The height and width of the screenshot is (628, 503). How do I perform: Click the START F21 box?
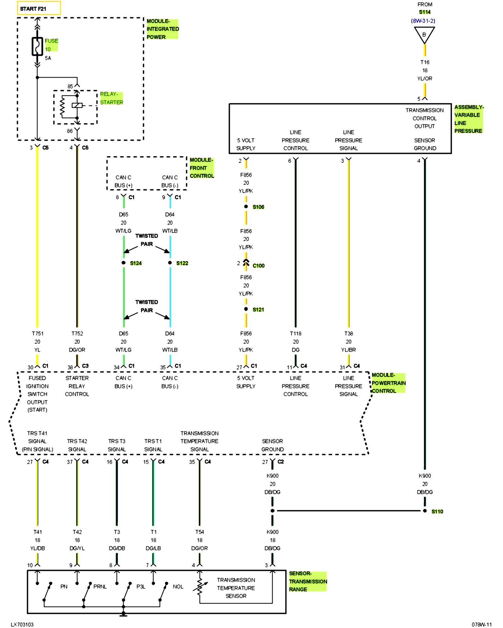point(38,8)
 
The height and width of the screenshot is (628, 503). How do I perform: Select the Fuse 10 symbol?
point(37,46)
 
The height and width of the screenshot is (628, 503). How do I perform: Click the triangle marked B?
point(424,34)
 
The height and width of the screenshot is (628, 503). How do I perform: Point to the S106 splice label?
point(258,207)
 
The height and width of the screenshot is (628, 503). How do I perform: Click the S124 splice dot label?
point(135,263)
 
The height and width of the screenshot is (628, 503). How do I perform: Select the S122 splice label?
point(182,263)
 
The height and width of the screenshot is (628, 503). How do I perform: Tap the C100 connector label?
point(258,266)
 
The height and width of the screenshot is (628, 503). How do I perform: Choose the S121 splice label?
point(258,310)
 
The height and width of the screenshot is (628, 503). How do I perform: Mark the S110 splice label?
point(437,512)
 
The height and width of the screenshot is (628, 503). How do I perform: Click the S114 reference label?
point(424,12)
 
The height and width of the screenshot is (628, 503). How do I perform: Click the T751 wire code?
point(37,333)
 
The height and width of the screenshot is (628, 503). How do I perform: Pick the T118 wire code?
point(296,333)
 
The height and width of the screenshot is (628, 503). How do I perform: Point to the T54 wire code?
point(199,532)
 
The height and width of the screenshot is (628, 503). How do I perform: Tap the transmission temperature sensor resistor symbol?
point(199,586)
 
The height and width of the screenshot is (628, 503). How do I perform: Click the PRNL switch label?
point(100,587)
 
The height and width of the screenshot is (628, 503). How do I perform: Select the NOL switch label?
point(178,587)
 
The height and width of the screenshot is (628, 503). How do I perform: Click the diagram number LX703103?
point(22,625)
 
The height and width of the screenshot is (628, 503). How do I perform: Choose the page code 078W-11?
point(481,625)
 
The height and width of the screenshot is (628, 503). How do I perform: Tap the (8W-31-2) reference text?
point(423,21)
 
